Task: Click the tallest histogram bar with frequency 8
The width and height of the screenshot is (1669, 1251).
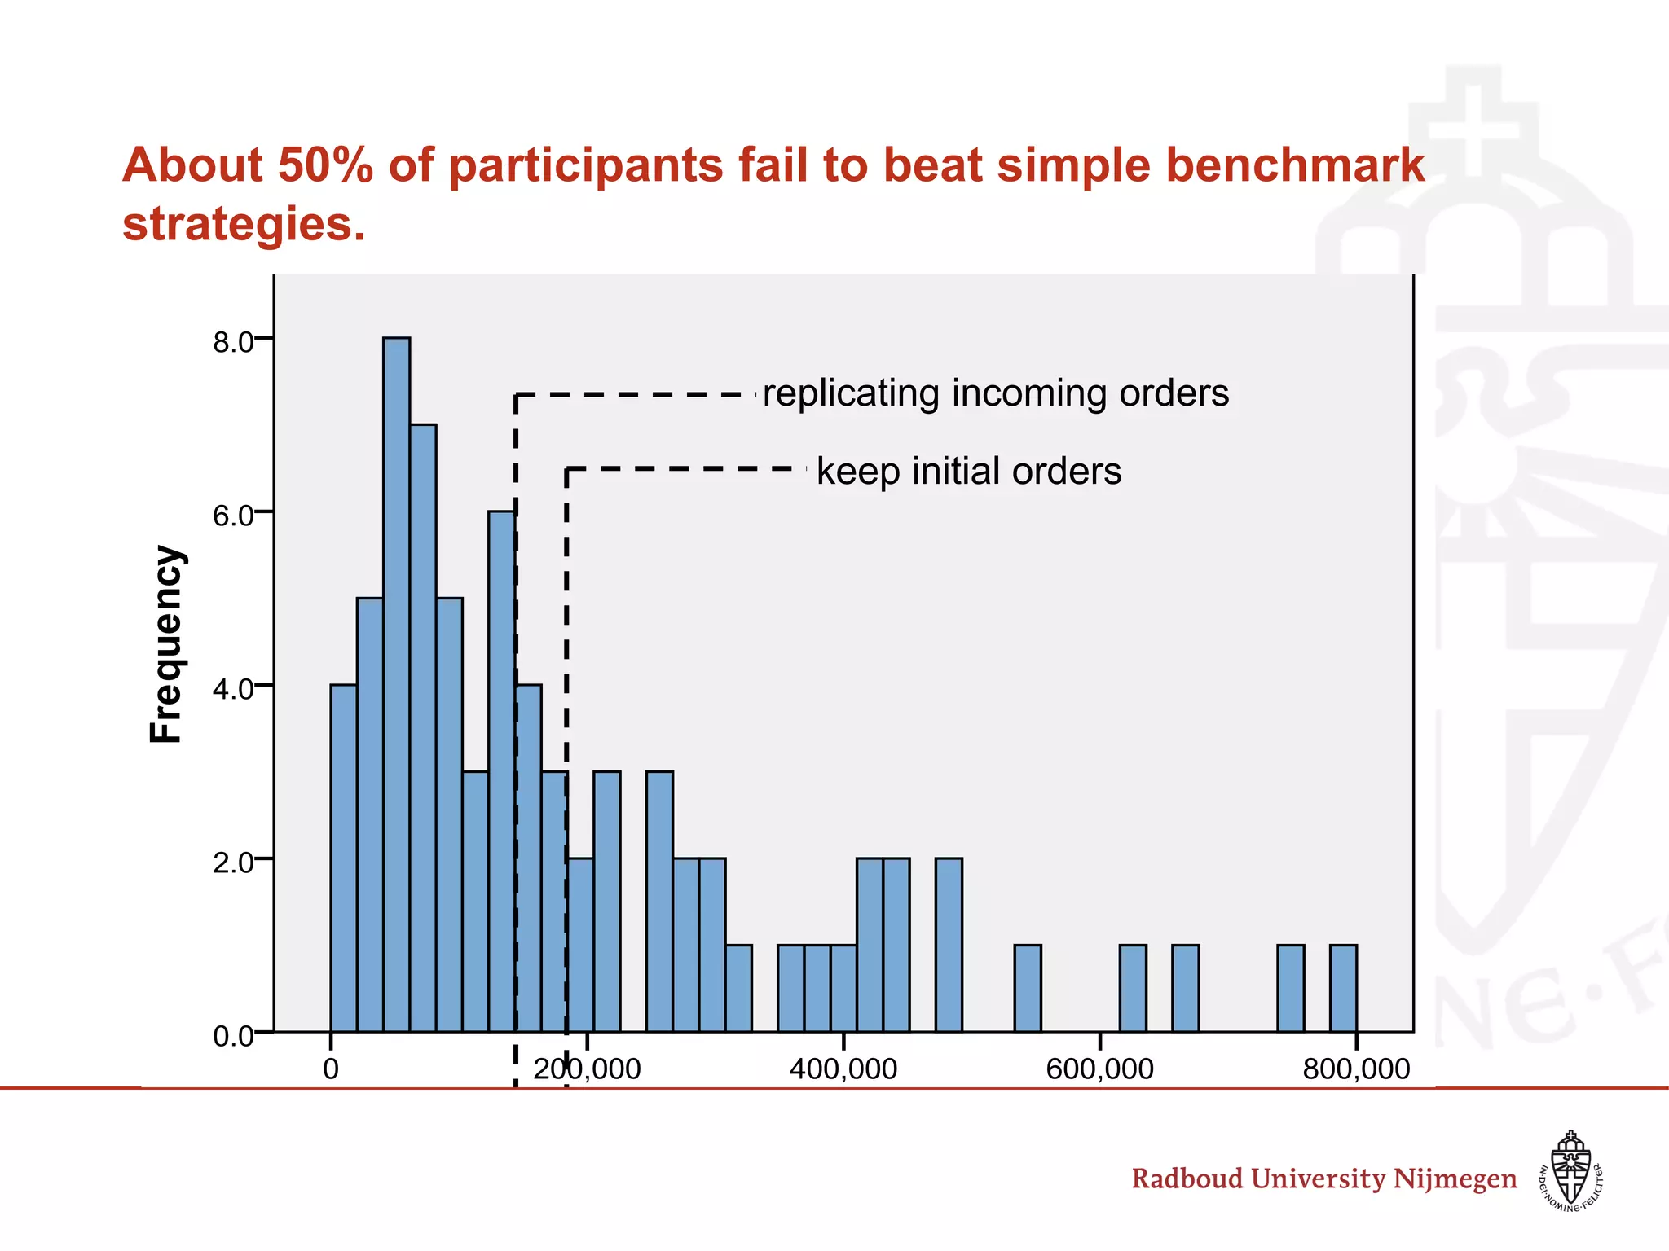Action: click(397, 684)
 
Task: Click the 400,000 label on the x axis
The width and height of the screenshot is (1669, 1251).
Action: click(843, 1069)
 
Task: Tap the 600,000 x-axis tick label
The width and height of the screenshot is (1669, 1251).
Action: click(1099, 1069)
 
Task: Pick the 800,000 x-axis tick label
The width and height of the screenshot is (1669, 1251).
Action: click(1356, 1069)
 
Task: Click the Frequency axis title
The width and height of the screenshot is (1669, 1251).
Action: click(166, 643)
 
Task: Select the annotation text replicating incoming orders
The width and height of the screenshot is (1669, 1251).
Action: click(996, 393)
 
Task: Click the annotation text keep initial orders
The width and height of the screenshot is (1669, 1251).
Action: click(969, 472)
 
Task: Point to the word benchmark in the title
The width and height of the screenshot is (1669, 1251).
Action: click(1292, 165)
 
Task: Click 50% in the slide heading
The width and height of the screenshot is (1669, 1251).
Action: click(325, 165)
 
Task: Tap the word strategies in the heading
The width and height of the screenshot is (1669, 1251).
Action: click(244, 224)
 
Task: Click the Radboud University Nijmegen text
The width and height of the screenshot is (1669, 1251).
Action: click(1323, 1179)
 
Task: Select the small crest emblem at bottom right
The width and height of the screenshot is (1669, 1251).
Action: click(1570, 1170)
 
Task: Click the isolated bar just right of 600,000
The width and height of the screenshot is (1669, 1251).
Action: click(1133, 988)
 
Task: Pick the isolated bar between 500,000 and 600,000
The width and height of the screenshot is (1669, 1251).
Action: click(1028, 988)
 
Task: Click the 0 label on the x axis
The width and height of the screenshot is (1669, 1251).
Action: click(331, 1069)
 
